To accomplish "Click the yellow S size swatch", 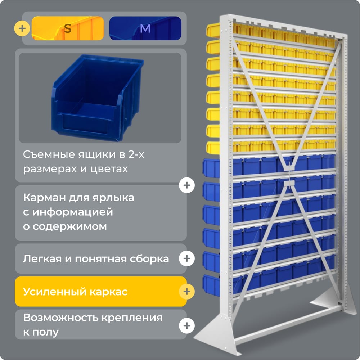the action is point(68,28).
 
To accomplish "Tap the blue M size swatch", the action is point(145,28).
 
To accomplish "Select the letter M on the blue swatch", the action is point(145,28).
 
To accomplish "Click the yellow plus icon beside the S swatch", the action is point(22,28).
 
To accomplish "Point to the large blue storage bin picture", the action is point(98,98).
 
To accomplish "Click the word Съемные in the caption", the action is point(49,154).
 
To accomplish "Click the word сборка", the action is point(149,259).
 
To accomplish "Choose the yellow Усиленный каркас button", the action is point(101,292).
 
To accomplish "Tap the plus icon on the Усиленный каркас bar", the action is point(187,292).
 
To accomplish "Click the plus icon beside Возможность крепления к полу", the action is point(187,325).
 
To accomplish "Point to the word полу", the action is point(45,332).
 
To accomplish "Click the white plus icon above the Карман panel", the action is point(187,185).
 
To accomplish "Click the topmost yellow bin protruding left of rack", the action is point(213,30).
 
